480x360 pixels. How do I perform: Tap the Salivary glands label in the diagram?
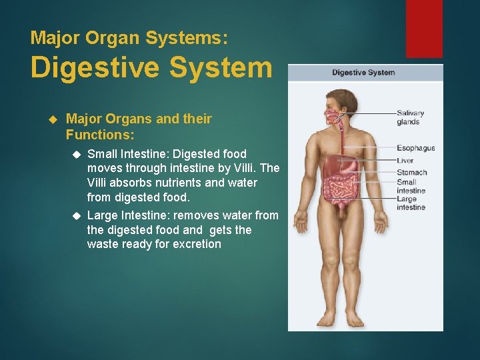click(410, 117)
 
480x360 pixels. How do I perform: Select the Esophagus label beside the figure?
click(415, 148)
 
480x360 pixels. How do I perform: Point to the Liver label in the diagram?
click(405, 161)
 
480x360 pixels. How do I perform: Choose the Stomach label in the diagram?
click(411, 173)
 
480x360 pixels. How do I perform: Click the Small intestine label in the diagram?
click(410, 186)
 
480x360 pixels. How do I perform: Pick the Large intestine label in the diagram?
click(410, 203)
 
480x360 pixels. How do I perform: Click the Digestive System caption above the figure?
click(363, 73)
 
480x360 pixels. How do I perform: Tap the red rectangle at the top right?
click(424, 28)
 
